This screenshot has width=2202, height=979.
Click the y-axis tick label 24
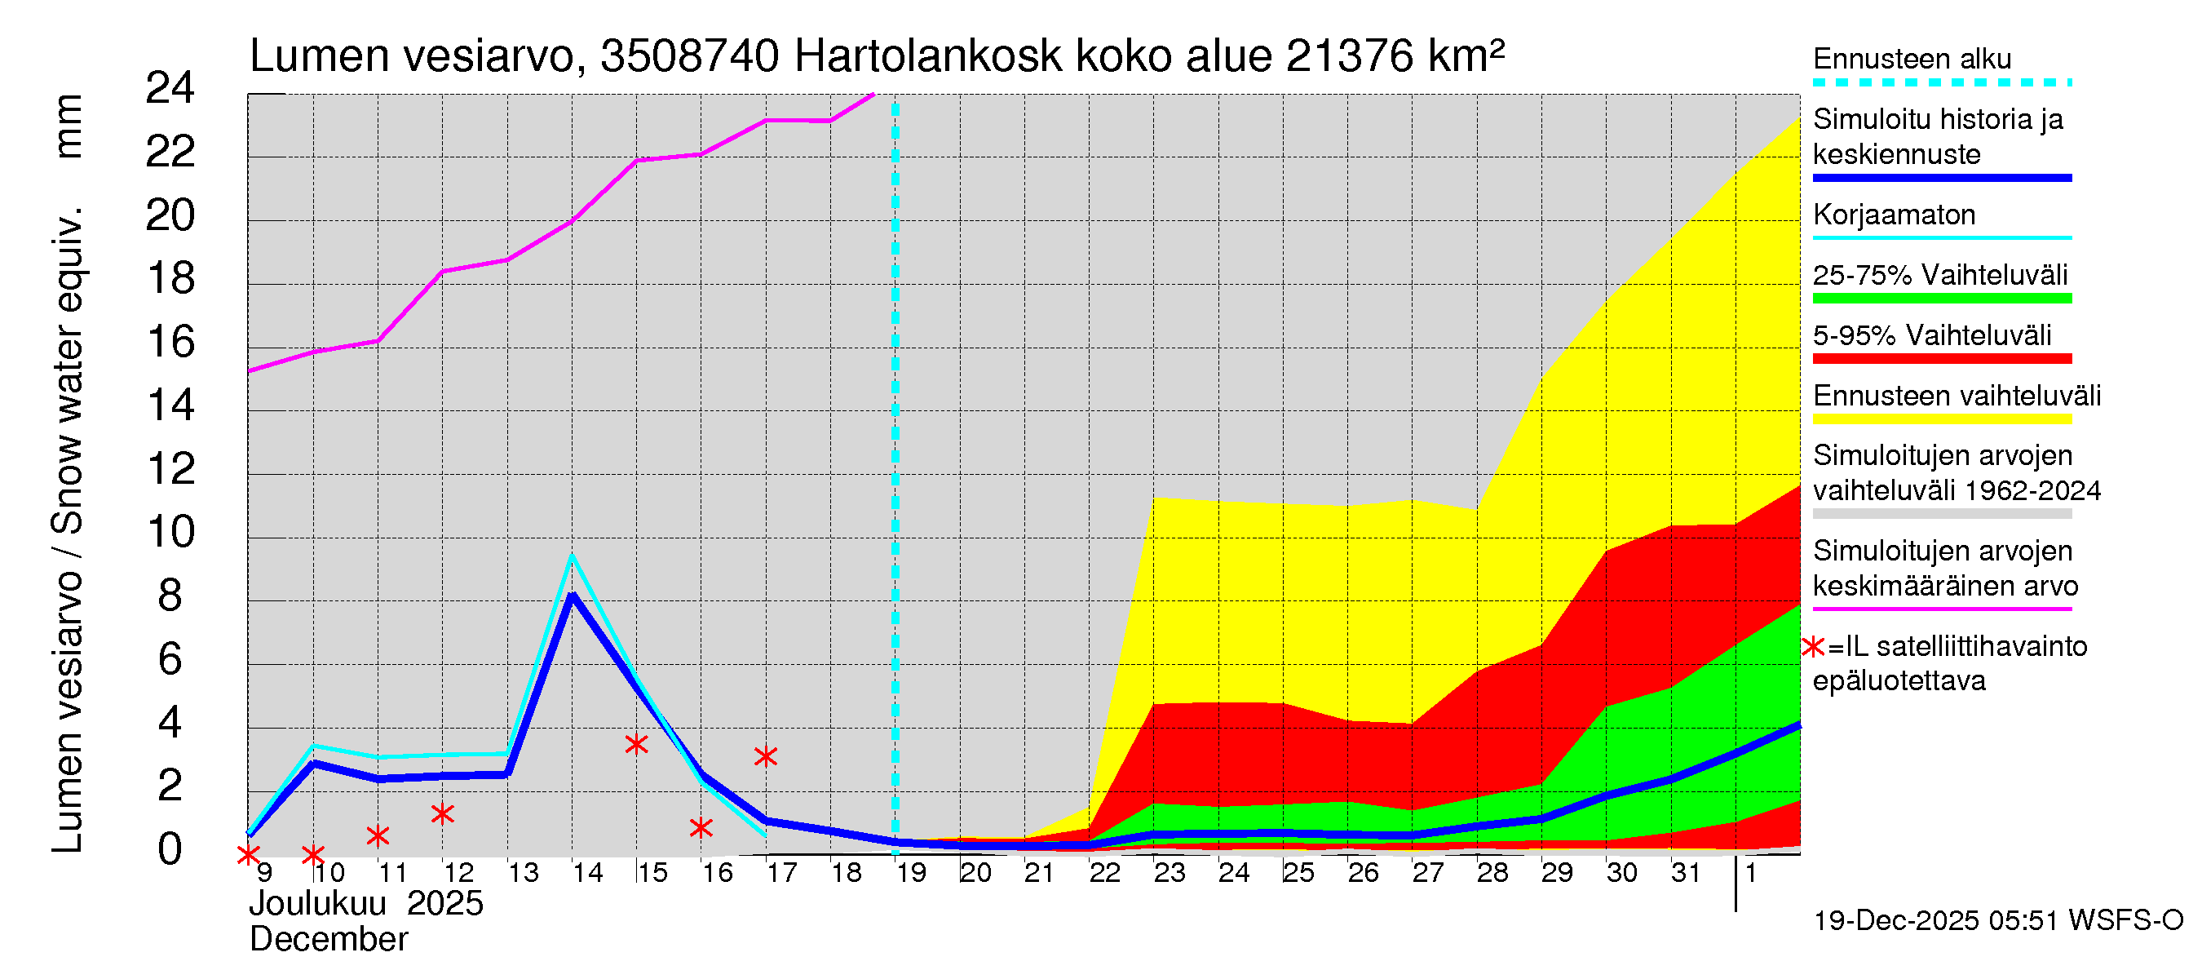tap(170, 88)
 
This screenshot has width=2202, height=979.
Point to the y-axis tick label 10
tap(170, 533)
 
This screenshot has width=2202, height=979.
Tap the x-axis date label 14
tap(587, 872)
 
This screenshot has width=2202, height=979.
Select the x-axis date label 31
tap(1686, 872)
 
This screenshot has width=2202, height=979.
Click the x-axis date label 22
tap(1104, 872)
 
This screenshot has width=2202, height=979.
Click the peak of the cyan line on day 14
tap(572, 556)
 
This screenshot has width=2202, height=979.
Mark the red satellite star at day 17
tap(766, 755)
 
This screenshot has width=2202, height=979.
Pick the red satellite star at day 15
tap(636, 744)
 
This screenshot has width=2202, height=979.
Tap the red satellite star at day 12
tap(442, 813)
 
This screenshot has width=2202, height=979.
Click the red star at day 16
tap(701, 826)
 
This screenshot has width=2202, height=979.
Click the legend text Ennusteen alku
tap(1912, 59)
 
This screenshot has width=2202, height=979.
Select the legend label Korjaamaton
tap(1894, 215)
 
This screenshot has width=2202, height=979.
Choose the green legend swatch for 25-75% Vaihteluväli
tap(1941, 299)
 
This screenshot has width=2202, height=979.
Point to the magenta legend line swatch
tap(1941, 609)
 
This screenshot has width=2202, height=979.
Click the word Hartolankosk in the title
tap(927, 56)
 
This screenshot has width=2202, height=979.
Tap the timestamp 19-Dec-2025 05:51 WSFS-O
tap(1997, 920)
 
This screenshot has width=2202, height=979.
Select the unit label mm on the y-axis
tap(69, 126)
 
